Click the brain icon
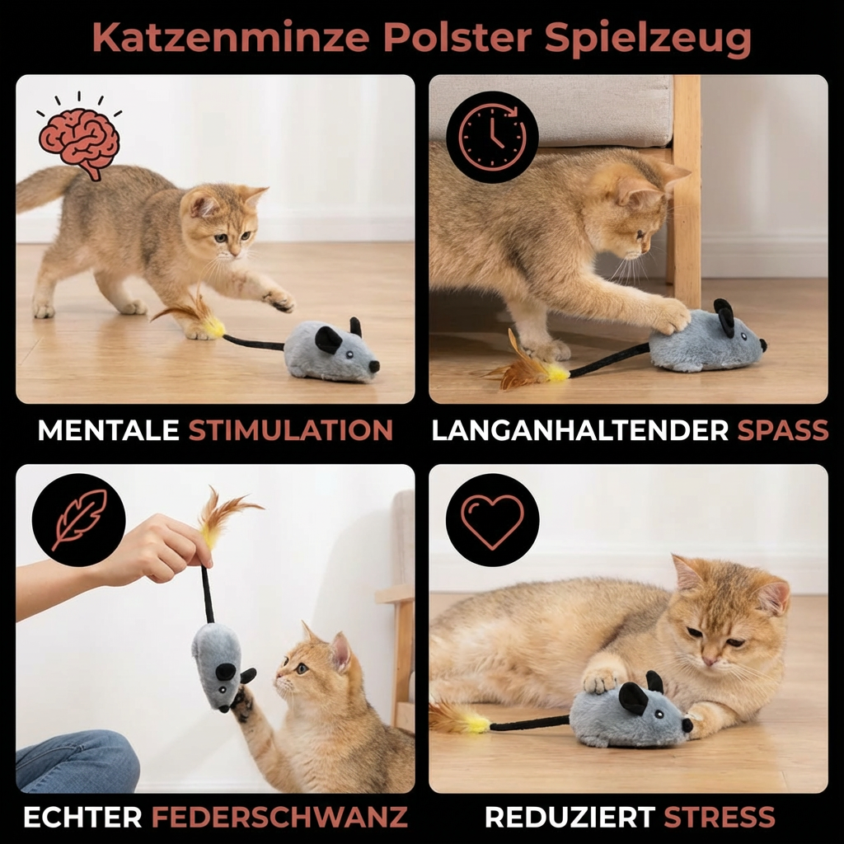[x=79, y=137]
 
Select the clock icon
[x=492, y=137]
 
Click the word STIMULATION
[x=290, y=430]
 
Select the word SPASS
[x=782, y=430]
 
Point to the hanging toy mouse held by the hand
[x=218, y=663]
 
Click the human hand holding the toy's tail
[x=162, y=547]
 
